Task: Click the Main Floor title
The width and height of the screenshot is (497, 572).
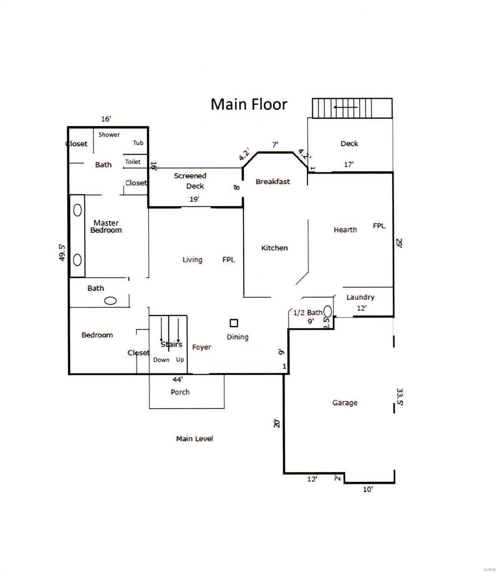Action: (x=248, y=104)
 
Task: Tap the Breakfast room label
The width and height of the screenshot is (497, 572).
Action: (x=273, y=182)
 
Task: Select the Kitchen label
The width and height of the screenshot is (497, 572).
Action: (x=274, y=248)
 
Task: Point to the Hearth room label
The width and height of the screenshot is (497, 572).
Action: (x=345, y=230)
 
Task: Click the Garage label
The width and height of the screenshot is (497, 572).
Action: (x=345, y=403)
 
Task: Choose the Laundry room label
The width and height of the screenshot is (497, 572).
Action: (x=360, y=297)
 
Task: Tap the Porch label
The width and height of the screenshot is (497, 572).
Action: (x=180, y=392)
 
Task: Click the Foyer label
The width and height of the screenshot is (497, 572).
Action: (x=201, y=347)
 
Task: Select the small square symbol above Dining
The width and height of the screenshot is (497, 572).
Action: (x=234, y=323)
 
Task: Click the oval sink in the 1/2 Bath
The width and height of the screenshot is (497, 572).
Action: (x=328, y=311)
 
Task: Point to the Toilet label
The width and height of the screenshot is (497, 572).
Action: (x=133, y=162)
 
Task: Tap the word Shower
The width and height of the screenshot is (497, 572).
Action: (x=109, y=134)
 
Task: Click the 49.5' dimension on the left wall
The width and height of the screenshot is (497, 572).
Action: (x=62, y=253)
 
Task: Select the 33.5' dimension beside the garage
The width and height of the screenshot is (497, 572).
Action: (x=400, y=397)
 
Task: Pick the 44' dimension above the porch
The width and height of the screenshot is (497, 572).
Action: (x=177, y=379)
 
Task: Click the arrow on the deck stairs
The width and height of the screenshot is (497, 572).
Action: (x=345, y=107)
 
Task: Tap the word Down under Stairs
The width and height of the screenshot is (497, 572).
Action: (x=161, y=360)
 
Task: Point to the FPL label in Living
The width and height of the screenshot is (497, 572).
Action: (x=228, y=260)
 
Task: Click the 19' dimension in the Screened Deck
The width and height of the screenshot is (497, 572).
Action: (x=195, y=199)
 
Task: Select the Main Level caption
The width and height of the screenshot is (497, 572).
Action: (x=195, y=439)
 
